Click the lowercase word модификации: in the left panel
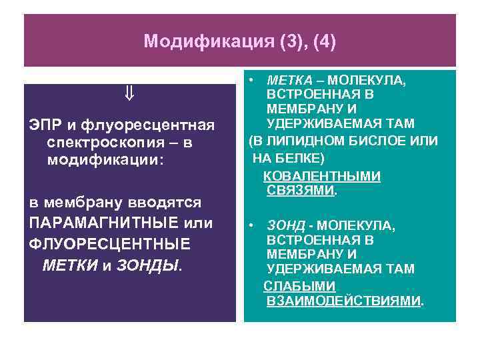[105, 160]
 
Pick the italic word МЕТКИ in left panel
[69, 265]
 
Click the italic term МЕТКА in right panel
[285, 80]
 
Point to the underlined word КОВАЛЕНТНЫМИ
[322, 176]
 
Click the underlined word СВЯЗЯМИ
[300, 191]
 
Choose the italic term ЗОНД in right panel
[283, 226]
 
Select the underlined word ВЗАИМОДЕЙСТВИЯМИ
[343, 300]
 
